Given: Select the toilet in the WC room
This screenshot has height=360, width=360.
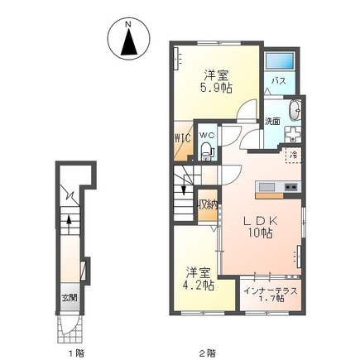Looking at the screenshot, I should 206,150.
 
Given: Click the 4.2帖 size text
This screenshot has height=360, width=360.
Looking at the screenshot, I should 200,285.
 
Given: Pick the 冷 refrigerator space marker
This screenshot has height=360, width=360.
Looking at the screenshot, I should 292,154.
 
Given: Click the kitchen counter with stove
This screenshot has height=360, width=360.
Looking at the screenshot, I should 278,188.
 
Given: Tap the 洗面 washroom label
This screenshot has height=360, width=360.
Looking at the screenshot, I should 272,121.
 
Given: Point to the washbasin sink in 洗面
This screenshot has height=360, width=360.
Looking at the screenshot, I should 295,110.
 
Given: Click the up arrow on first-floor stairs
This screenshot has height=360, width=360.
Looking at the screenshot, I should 70,221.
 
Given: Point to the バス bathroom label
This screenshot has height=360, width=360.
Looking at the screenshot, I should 281,81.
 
